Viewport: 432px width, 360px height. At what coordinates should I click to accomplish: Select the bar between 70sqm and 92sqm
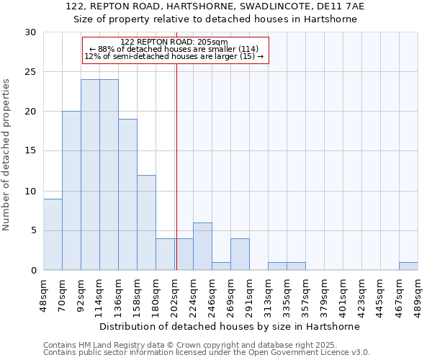pyautogui.click(x=71, y=191)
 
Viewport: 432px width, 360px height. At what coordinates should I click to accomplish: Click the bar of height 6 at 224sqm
pyautogui.click(x=202, y=246)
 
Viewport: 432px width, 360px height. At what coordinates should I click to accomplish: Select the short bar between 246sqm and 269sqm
pyautogui.click(x=221, y=266)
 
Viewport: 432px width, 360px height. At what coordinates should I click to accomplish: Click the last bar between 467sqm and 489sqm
pyautogui.click(x=408, y=266)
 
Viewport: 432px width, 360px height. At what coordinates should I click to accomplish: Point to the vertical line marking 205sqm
pyautogui.click(x=176, y=166)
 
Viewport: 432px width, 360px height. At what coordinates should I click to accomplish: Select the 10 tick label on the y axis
pyautogui.click(x=31, y=192)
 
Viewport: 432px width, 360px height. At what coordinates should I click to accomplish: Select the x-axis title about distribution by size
pyautogui.click(x=229, y=326)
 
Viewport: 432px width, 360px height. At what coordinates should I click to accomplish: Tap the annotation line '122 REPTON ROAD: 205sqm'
pyautogui.click(x=174, y=42)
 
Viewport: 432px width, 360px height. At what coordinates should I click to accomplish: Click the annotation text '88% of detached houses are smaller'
pyautogui.click(x=174, y=49)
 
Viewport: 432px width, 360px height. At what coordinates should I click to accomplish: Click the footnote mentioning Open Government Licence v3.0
pyautogui.click(x=207, y=353)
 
